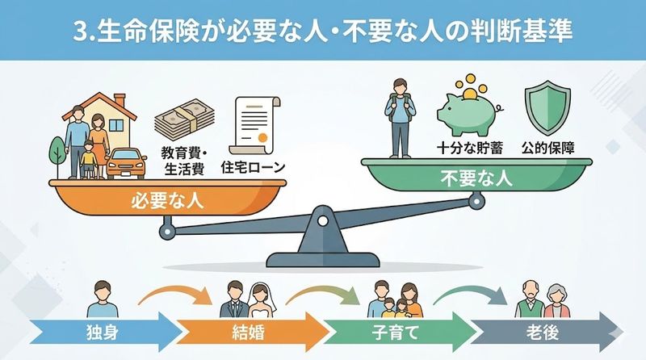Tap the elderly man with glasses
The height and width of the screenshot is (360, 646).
click(x=529, y=299)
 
